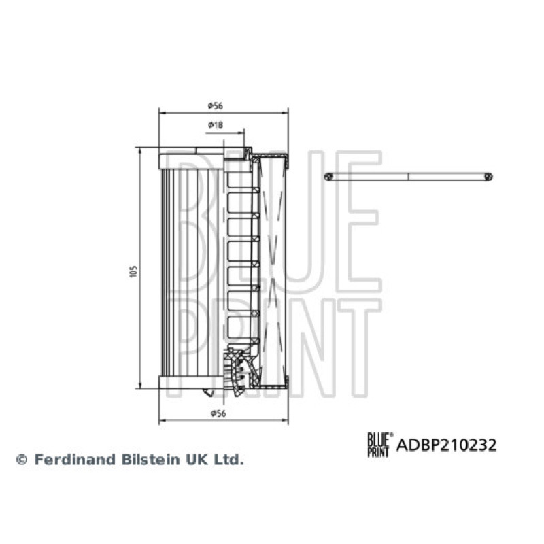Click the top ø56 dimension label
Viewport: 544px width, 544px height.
215,106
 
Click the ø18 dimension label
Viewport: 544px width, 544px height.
216,124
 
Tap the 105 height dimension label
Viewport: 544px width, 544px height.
133,271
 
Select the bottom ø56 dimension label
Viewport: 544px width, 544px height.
218,413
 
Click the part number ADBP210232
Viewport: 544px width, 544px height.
447,445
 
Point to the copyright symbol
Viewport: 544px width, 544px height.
22,460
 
